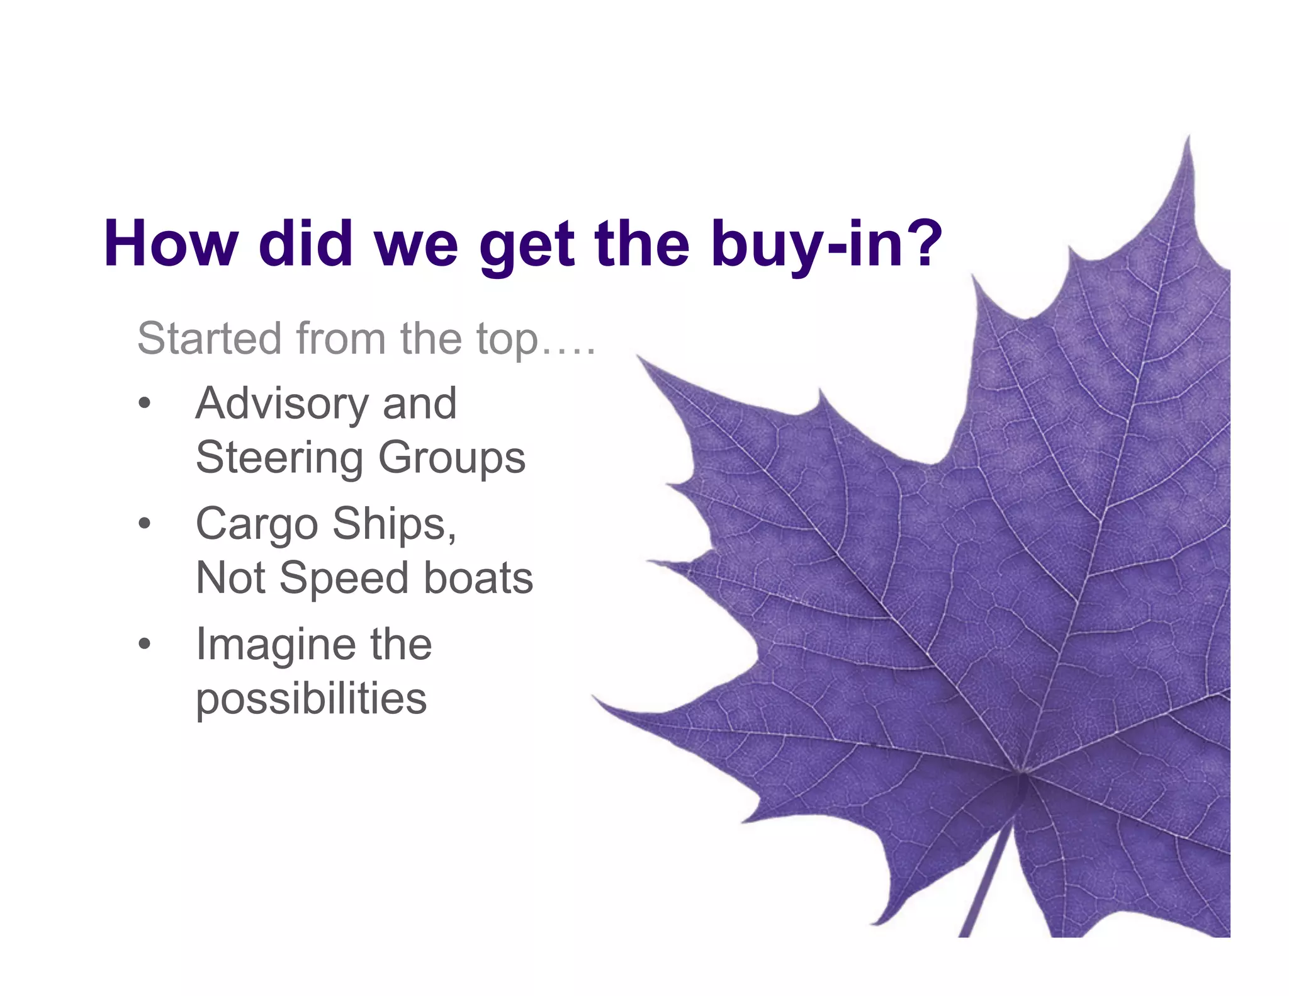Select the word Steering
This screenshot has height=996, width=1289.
[x=279, y=458]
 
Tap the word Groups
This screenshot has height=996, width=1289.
[x=452, y=458]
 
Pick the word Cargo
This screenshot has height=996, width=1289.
[x=257, y=524]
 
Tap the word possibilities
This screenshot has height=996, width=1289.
[x=312, y=699]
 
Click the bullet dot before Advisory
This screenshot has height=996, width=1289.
[x=145, y=403]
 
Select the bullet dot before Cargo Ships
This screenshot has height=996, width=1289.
[x=145, y=523]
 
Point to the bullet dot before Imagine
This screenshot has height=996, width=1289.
[x=145, y=643]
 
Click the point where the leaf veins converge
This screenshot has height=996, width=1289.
[x=1022, y=772]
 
